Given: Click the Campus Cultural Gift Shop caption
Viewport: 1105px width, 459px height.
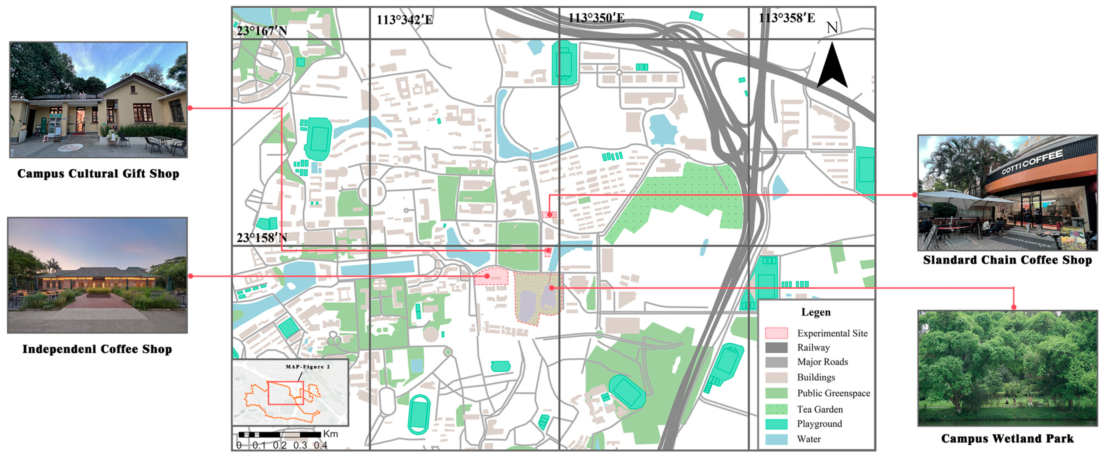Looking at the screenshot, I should pyautogui.click(x=98, y=174).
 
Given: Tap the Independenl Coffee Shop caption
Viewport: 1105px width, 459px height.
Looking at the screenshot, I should pyautogui.click(x=97, y=349).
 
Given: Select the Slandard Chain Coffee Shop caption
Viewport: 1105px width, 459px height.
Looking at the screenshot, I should pyautogui.click(x=1007, y=260).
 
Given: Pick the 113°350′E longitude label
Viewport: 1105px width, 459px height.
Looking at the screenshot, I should pyautogui.click(x=596, y=18).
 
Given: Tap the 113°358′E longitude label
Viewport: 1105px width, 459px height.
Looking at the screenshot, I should pyautogui.click(x=787, y=18).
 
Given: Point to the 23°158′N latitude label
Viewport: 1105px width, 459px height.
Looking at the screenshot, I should pyautogui.click(x=262, y=238).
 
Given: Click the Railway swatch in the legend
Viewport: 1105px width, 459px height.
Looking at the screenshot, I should pyautogui.click(x=776, y=347).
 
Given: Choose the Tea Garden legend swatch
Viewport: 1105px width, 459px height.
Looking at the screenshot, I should pyautogui.click(x=776, y=409).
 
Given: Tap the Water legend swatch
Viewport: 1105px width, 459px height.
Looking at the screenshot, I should pyautogui.click(x=776, y=439).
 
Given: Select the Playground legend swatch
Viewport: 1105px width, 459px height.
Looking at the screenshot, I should pyautogui.click(x=776, y=424).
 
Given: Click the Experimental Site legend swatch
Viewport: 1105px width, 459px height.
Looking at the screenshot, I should pyautogui.click(x=776, y=333).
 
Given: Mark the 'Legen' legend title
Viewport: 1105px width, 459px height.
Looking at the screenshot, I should pyautogui.click(x=816, y=312).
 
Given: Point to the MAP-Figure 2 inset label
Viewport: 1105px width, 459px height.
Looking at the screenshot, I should pyautogui.click(x=307, y=367).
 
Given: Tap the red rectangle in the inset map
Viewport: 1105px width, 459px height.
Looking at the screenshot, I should pyautogui.click(x=286, y=393).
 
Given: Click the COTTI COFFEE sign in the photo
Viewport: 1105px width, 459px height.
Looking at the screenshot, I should pyautogui.click(x=1032, y=162).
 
